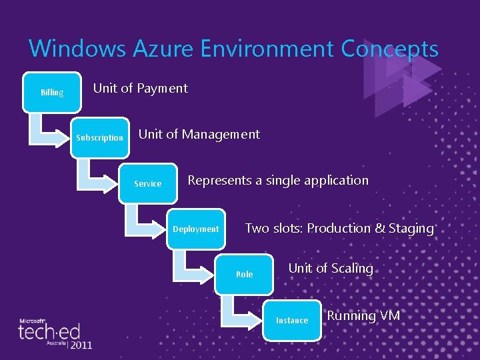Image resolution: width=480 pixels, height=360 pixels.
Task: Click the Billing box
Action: [x=52, y=92]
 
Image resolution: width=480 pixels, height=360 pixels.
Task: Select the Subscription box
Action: [x=99, y=137]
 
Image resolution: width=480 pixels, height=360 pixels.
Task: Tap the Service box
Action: [x=148, y=183]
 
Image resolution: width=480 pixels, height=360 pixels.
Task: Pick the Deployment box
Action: [x=196, y=229]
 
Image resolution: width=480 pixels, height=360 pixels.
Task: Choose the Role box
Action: [x=244, y=274]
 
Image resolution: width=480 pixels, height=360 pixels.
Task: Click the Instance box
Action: [x=292, y=320]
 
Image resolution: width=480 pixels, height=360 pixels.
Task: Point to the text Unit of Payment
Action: [x=140, y=88]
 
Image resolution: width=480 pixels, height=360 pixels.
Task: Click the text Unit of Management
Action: [x=199, y=134]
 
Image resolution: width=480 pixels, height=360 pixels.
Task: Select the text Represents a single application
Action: [x=277, y=180]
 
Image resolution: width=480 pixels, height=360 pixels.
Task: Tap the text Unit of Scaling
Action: [x=330, y=268]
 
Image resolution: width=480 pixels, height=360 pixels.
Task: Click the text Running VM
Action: [x=363, y=315]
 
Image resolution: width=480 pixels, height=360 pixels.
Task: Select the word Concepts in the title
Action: [x=389, y=49]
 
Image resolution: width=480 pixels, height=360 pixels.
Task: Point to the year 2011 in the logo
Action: [x=80, y=345]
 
